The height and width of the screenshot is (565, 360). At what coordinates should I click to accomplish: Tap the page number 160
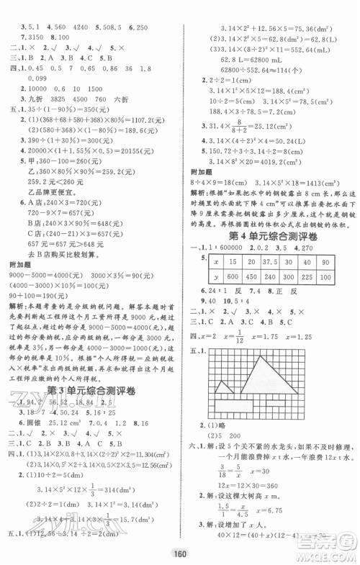(180, 553)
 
